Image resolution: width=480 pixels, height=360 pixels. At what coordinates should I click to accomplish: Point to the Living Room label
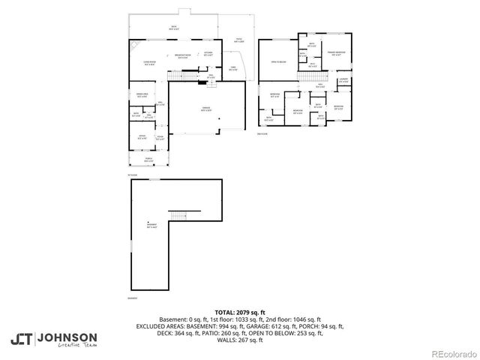(x=148, y=63)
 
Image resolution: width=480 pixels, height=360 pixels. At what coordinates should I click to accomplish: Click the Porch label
(x=148, y=159)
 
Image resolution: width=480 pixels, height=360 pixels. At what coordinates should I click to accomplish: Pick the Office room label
(x=142, y=136)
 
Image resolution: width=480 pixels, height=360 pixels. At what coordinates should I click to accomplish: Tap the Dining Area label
(x=140, y=95)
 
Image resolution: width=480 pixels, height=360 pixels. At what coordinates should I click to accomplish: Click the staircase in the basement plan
(x=177, y=217)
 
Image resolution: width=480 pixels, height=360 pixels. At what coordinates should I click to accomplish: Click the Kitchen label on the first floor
(x=209, y=53)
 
